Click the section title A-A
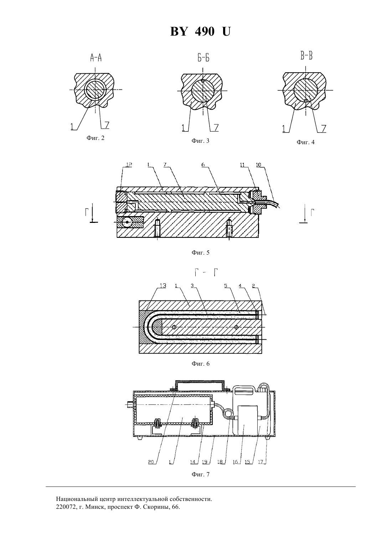(96, 58)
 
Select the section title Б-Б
(203, 58)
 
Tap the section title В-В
(306, 56)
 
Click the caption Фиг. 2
(96, 138)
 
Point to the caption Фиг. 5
(200, 252)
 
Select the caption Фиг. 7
(200, 474)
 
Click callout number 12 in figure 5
(129, 164)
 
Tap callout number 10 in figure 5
(259, 164)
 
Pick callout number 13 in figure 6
(163, 286)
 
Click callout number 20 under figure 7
(151, 462)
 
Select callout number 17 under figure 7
(261, 462)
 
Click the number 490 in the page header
(205, 32)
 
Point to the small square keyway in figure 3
(203, 80)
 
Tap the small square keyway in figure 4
(306, 100)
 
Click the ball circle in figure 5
(128, 223)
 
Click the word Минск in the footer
(94, 507)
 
